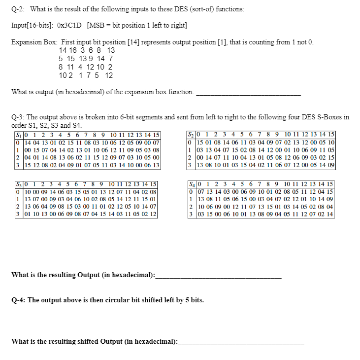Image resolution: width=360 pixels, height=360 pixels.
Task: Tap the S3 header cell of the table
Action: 18,184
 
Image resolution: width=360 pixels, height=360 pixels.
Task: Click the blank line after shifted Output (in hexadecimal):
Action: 241,342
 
